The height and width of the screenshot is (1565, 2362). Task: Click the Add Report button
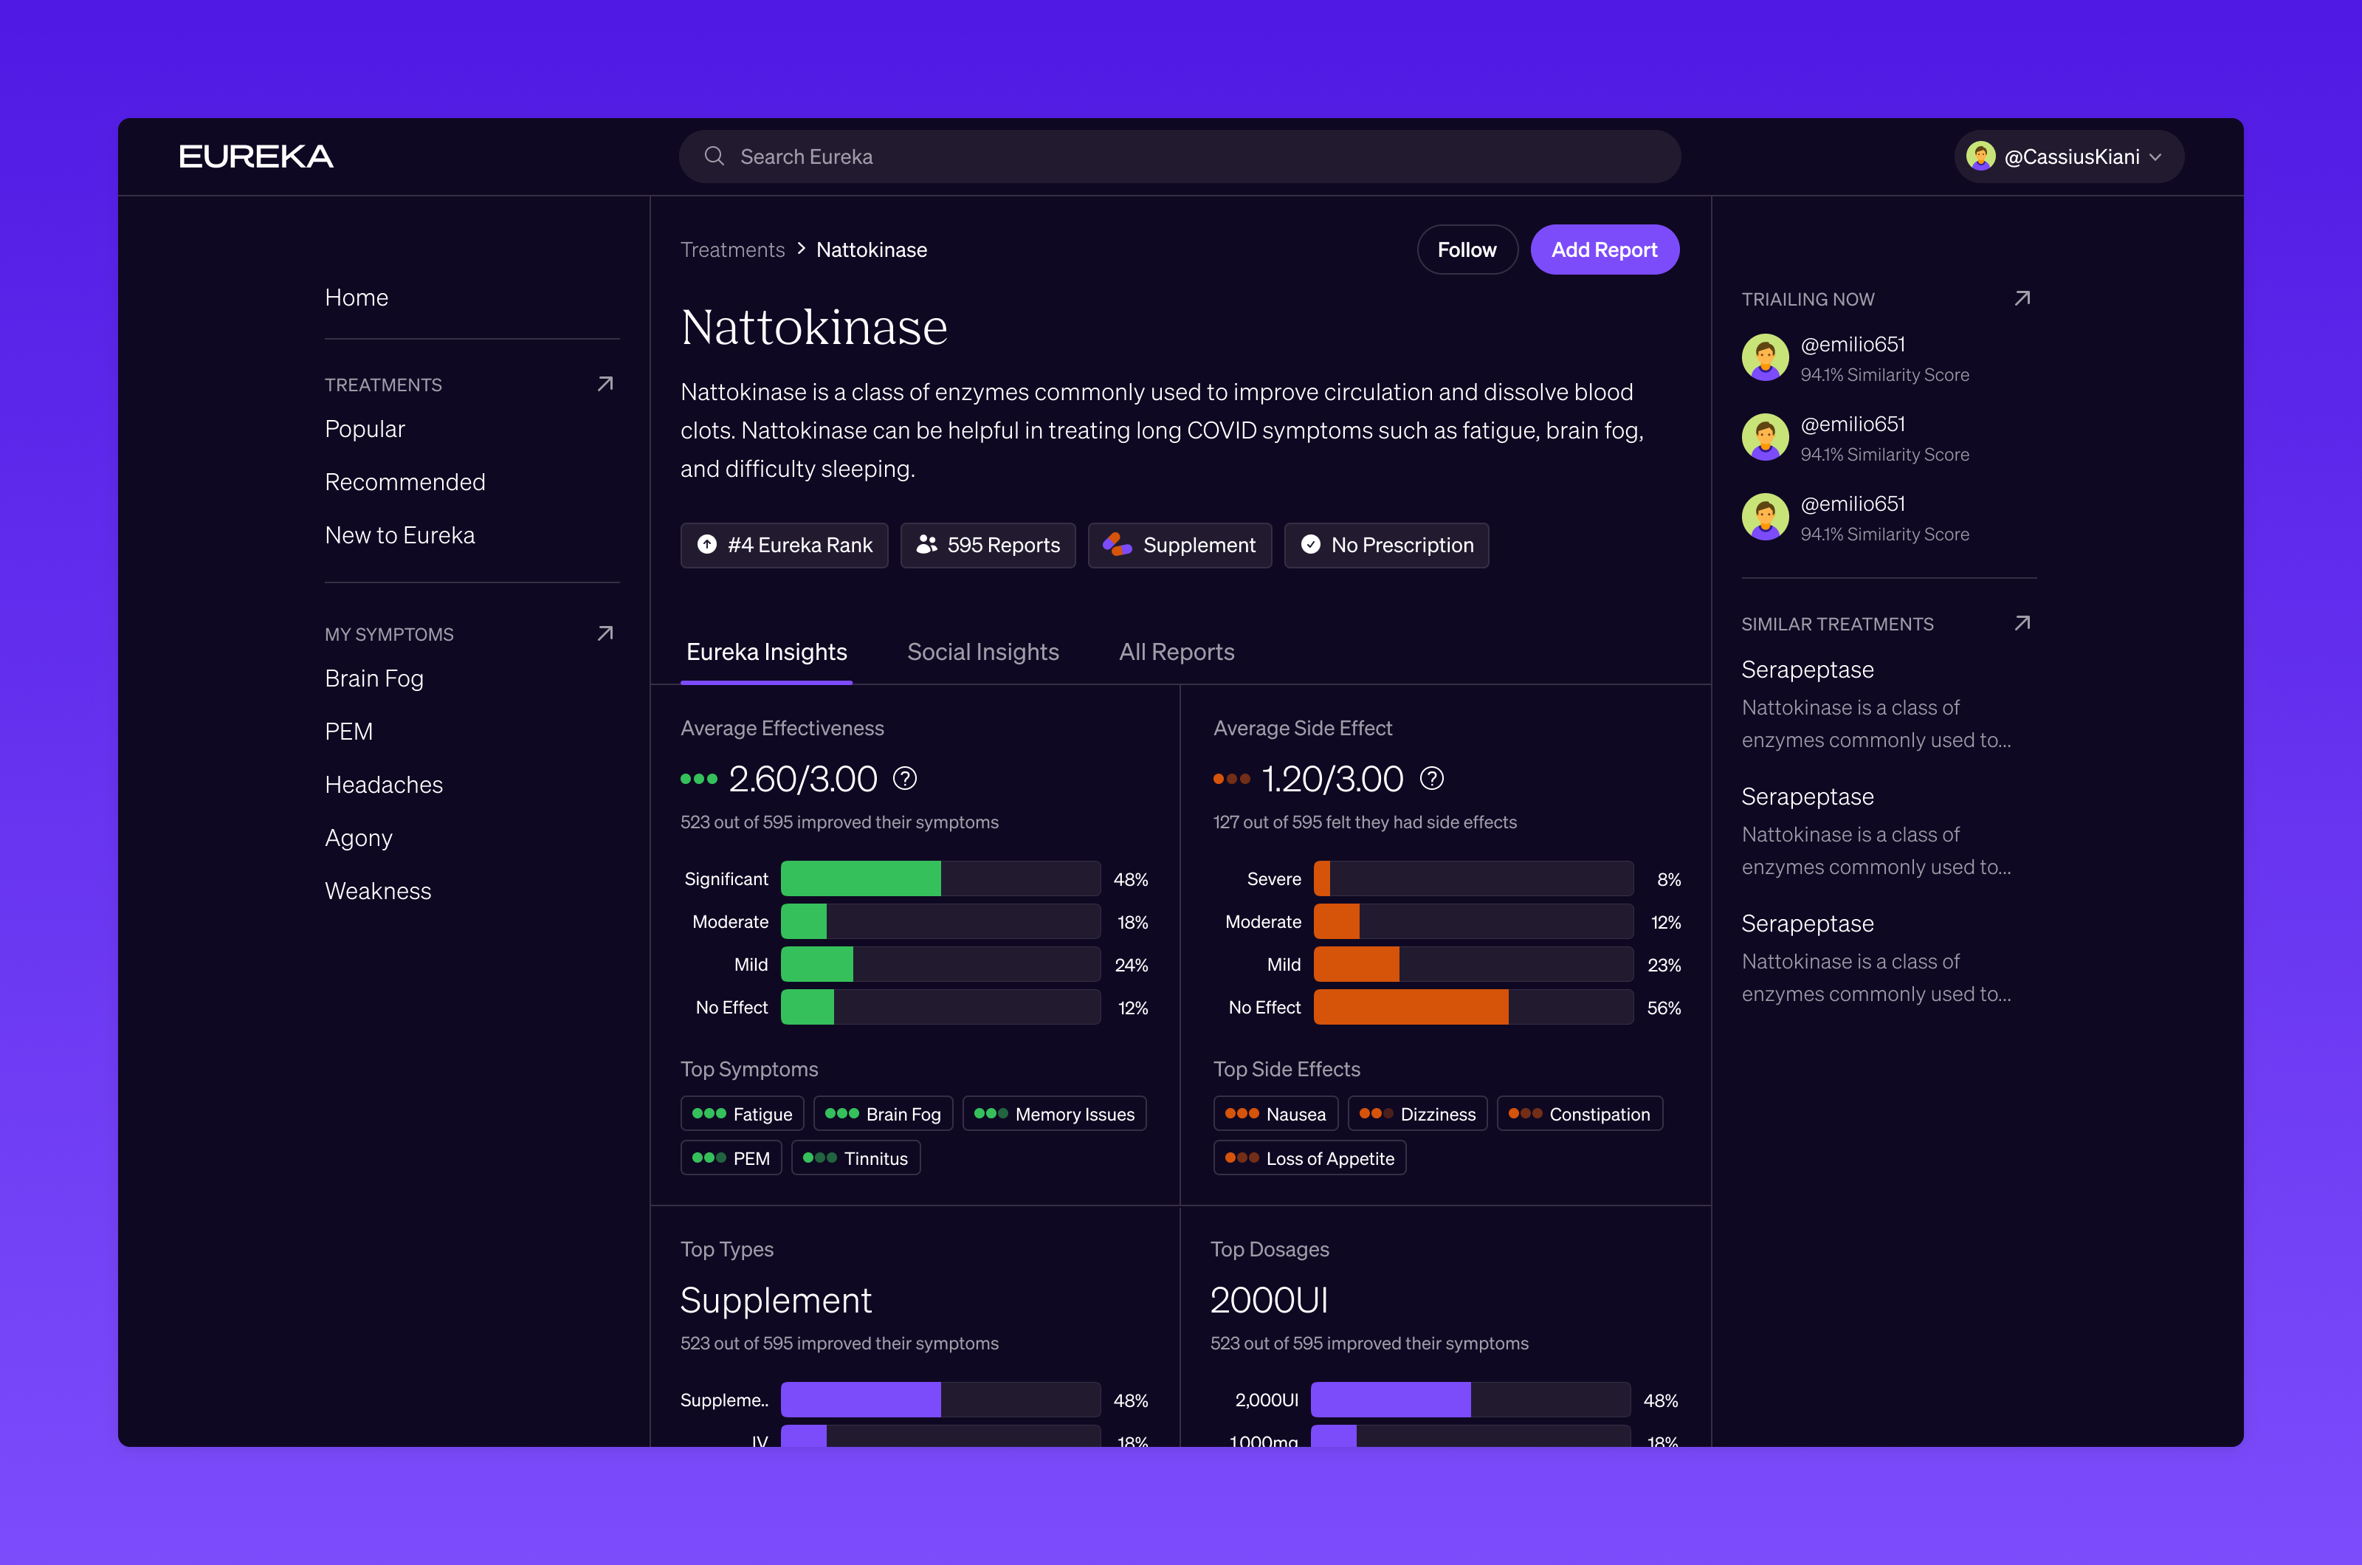pos(1604,250)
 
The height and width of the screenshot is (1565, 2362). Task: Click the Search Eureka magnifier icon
pos(715,156)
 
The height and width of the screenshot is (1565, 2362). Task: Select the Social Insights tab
pos(983,652)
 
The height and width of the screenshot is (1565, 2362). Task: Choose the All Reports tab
pos(1177,652)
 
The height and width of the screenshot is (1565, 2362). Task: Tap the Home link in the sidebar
pos(357,297)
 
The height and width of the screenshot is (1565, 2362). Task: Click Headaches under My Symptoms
pos(384,785)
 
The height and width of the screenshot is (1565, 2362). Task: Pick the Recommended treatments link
pos(405,482)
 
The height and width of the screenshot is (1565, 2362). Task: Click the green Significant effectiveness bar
pos(860,878)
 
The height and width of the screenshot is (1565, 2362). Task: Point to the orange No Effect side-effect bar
pos(1411,1007)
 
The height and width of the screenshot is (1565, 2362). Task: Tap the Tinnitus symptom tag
pos(855,1158)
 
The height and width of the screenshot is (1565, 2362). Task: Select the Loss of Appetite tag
pos(1309,1158)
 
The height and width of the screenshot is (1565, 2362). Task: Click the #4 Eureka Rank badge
pos(785,545)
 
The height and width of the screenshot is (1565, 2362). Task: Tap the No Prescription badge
pos(1386,545)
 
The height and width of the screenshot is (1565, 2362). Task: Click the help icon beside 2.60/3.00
pos(905,779)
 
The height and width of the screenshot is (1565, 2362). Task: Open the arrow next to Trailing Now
pos(2022,298)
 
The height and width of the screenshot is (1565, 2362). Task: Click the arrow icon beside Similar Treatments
pos(2022,623)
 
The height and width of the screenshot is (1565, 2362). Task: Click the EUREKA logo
pos(256,156)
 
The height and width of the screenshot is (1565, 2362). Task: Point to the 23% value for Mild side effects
pos(1664,965)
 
